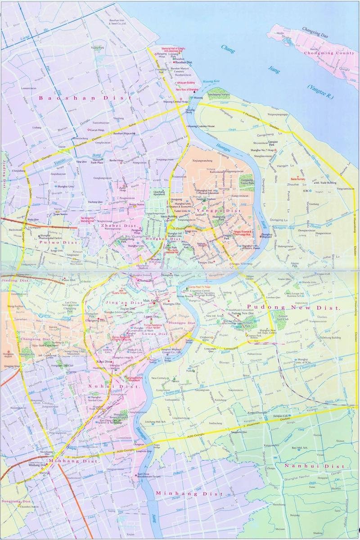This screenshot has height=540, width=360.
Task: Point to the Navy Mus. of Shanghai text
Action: [x=187, y=90]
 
